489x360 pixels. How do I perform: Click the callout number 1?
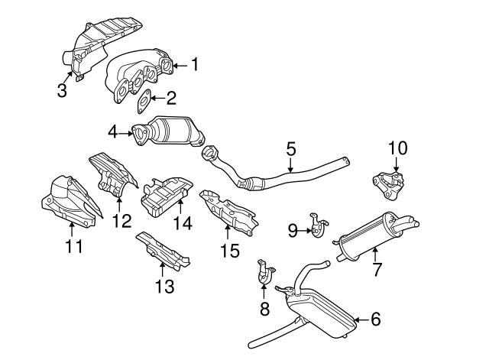194,65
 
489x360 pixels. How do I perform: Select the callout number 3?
62,90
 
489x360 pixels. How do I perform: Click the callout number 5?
290,148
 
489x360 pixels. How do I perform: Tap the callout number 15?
228,250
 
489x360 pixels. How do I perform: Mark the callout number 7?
376,269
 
